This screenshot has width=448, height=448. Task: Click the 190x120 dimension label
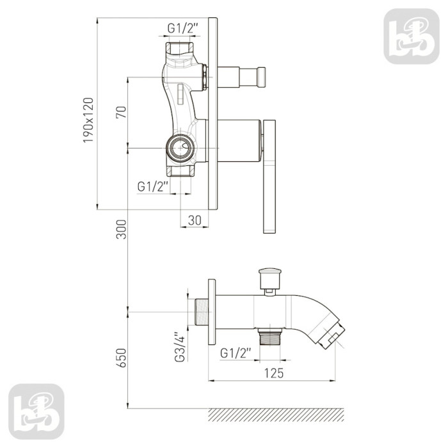(x=88, y=120)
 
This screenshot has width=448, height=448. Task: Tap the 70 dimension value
(x=121, y=112)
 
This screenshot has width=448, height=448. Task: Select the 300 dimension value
(x=121, y=229)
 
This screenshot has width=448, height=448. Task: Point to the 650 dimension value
(x=121, y=358)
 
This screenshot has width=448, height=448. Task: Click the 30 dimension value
(x=195, y=220)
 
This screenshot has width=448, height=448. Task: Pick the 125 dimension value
(x=274, y=373)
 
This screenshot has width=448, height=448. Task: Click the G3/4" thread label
(x=180, y=347)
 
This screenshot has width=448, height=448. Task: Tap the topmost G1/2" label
(x=182, y=28)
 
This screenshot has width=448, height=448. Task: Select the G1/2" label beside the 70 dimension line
(x=152, y=187)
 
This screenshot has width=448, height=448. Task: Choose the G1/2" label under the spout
(x=236, y=353)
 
